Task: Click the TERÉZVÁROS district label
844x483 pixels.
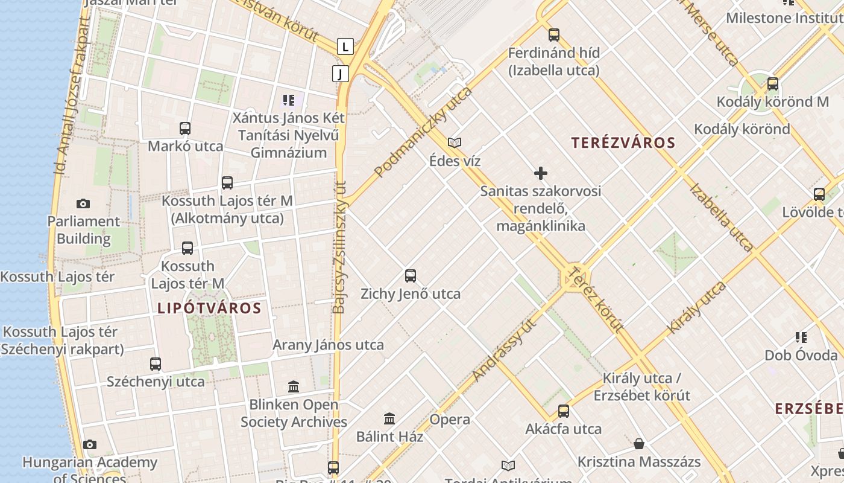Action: (623, 143)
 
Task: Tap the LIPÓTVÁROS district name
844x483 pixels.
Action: (209, 308)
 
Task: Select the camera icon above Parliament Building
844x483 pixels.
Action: (83, 204)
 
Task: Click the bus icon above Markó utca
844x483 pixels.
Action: (185, 129)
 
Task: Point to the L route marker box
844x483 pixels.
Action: (345, 46)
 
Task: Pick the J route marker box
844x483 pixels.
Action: (341, 74)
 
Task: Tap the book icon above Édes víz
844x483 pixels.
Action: (455, 143)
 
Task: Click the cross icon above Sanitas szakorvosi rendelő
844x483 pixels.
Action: (541, 174)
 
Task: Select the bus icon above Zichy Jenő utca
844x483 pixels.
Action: (411, 276)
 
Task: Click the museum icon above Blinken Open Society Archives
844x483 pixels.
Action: (294, 386)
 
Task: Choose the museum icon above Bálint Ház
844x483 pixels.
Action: (389, 418)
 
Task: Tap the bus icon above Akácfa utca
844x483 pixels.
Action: (564, 411)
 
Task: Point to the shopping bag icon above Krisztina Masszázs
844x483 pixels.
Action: (639, 444)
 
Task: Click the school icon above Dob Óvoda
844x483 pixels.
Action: (801, 337)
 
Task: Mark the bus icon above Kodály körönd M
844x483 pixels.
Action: (773, 84)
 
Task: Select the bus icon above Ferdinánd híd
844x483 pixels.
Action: (554, 35)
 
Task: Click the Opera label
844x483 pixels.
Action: (450, 419)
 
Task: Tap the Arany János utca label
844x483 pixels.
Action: (328, 345)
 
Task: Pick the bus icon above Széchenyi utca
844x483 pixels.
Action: (156, 363)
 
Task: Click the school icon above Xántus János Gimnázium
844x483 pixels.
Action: (289, 100)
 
